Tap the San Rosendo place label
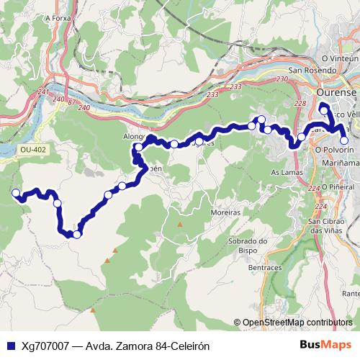312,71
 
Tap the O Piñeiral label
340,186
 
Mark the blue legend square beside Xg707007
10,346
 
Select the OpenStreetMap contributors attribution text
297,323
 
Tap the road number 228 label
299,103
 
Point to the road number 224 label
312,188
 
